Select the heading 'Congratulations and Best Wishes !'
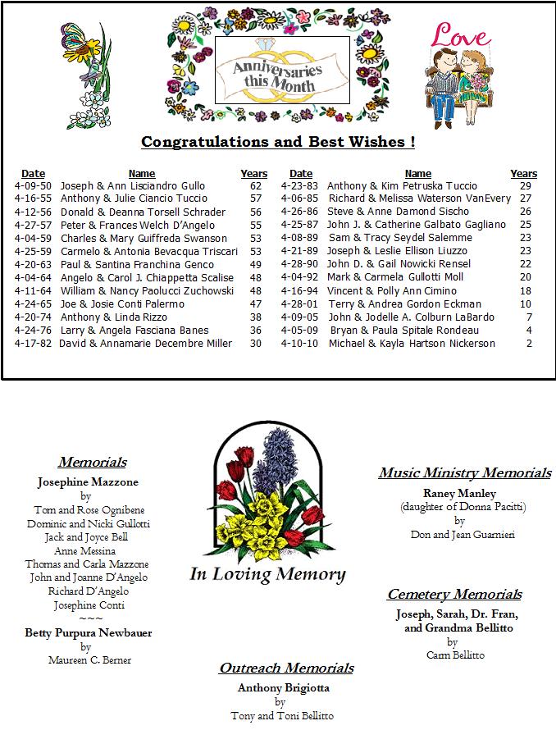pos(278,142)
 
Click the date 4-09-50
pos(32,186)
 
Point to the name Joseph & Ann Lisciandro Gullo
pos(133,186)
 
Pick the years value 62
pos(255,186)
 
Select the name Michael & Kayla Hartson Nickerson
pos(412,344)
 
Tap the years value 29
pos(525,186)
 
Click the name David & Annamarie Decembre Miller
pos(145,344)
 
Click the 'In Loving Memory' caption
pos(267,574)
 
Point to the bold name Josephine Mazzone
pos(88,482)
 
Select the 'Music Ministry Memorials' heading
pos(464,473)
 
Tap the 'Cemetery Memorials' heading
pos(454,595)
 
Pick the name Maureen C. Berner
pos(89,660)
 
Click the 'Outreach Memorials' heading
pos(286,668)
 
